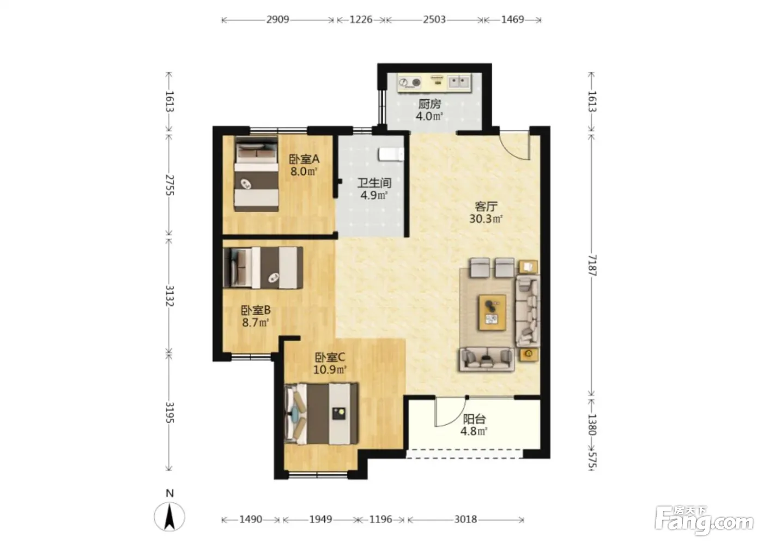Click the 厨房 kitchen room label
429,104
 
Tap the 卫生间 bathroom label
374,183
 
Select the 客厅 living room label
486,206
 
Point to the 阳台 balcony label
474,419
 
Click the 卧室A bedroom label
304,159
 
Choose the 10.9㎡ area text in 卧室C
330,370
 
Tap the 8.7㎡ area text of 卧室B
256,322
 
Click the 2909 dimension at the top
277,20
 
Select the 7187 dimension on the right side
592,266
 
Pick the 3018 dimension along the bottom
465,519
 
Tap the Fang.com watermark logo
704,521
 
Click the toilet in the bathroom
391,154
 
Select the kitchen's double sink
458,82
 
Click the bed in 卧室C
321,414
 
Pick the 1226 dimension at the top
361,20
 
